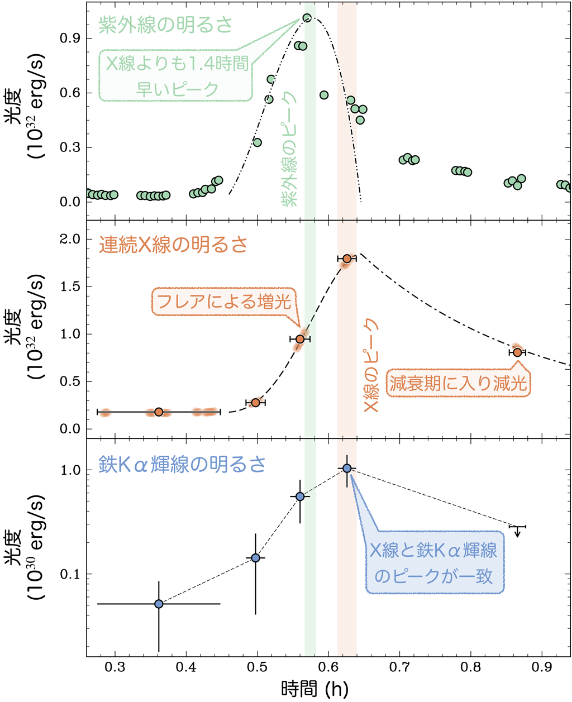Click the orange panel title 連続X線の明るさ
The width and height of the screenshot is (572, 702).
click(x=173, y=245)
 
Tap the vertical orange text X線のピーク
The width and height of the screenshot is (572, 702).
click(x=371, y=366)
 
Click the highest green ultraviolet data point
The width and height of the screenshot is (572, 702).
click(x=307, y=18)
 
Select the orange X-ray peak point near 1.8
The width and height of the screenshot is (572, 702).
click(x=347, y=259)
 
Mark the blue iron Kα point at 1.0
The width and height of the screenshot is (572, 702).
click(x=347, y=468)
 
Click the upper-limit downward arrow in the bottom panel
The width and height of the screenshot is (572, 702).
click(x=518, y=531)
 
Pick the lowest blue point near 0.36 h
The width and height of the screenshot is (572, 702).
click(x=159, y=604)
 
